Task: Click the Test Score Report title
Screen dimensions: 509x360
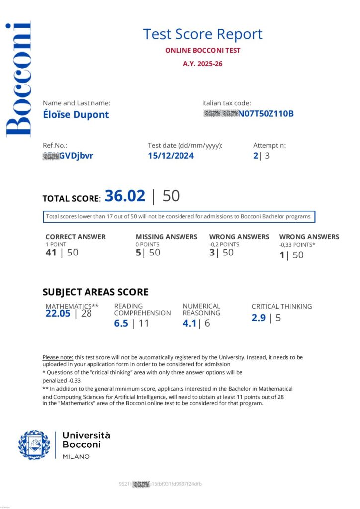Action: point(202,34)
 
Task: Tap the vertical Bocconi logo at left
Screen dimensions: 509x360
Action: point(18,80)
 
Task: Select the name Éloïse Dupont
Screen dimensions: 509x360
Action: point(76,115)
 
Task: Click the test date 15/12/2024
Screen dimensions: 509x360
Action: point(171,156)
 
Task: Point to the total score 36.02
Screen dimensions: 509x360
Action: point(125,196)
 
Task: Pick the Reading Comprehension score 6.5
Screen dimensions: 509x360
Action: point(121,323)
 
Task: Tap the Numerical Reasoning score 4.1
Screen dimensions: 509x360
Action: point(190,323)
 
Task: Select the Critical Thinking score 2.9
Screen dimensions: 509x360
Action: point(259,318)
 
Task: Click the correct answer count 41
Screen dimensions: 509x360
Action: point(51,252)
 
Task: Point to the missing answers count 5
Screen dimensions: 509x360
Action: point(138,252)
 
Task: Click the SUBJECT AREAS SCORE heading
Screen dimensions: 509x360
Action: point(95,292)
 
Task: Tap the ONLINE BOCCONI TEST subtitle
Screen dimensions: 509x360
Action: point(202,51)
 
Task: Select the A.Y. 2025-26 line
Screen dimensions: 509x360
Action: point(202,64)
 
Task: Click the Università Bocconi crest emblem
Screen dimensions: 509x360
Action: point(34,445)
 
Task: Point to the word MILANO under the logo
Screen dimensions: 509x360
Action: point(76,456)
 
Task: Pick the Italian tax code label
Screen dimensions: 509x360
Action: point(226,103)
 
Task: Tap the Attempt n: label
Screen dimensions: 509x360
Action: point(270,145)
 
